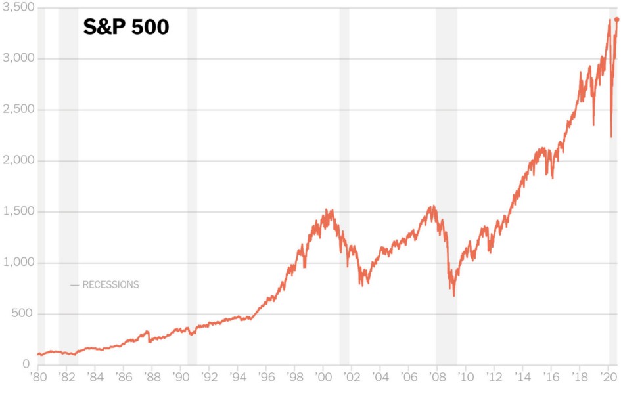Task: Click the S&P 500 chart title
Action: [x=126, y=28]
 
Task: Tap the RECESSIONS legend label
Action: [x=110, y=285]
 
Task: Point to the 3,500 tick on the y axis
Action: [x=18, y=8]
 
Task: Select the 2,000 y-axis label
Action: [x=18, y=161]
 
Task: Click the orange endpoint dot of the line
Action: [x=616, y=20]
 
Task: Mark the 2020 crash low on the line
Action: [x=611, y=137]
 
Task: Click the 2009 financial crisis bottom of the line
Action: [x=453, y=295]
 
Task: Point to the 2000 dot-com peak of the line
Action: [x=327, y=211]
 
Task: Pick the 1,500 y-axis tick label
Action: [x=18, y=212]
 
